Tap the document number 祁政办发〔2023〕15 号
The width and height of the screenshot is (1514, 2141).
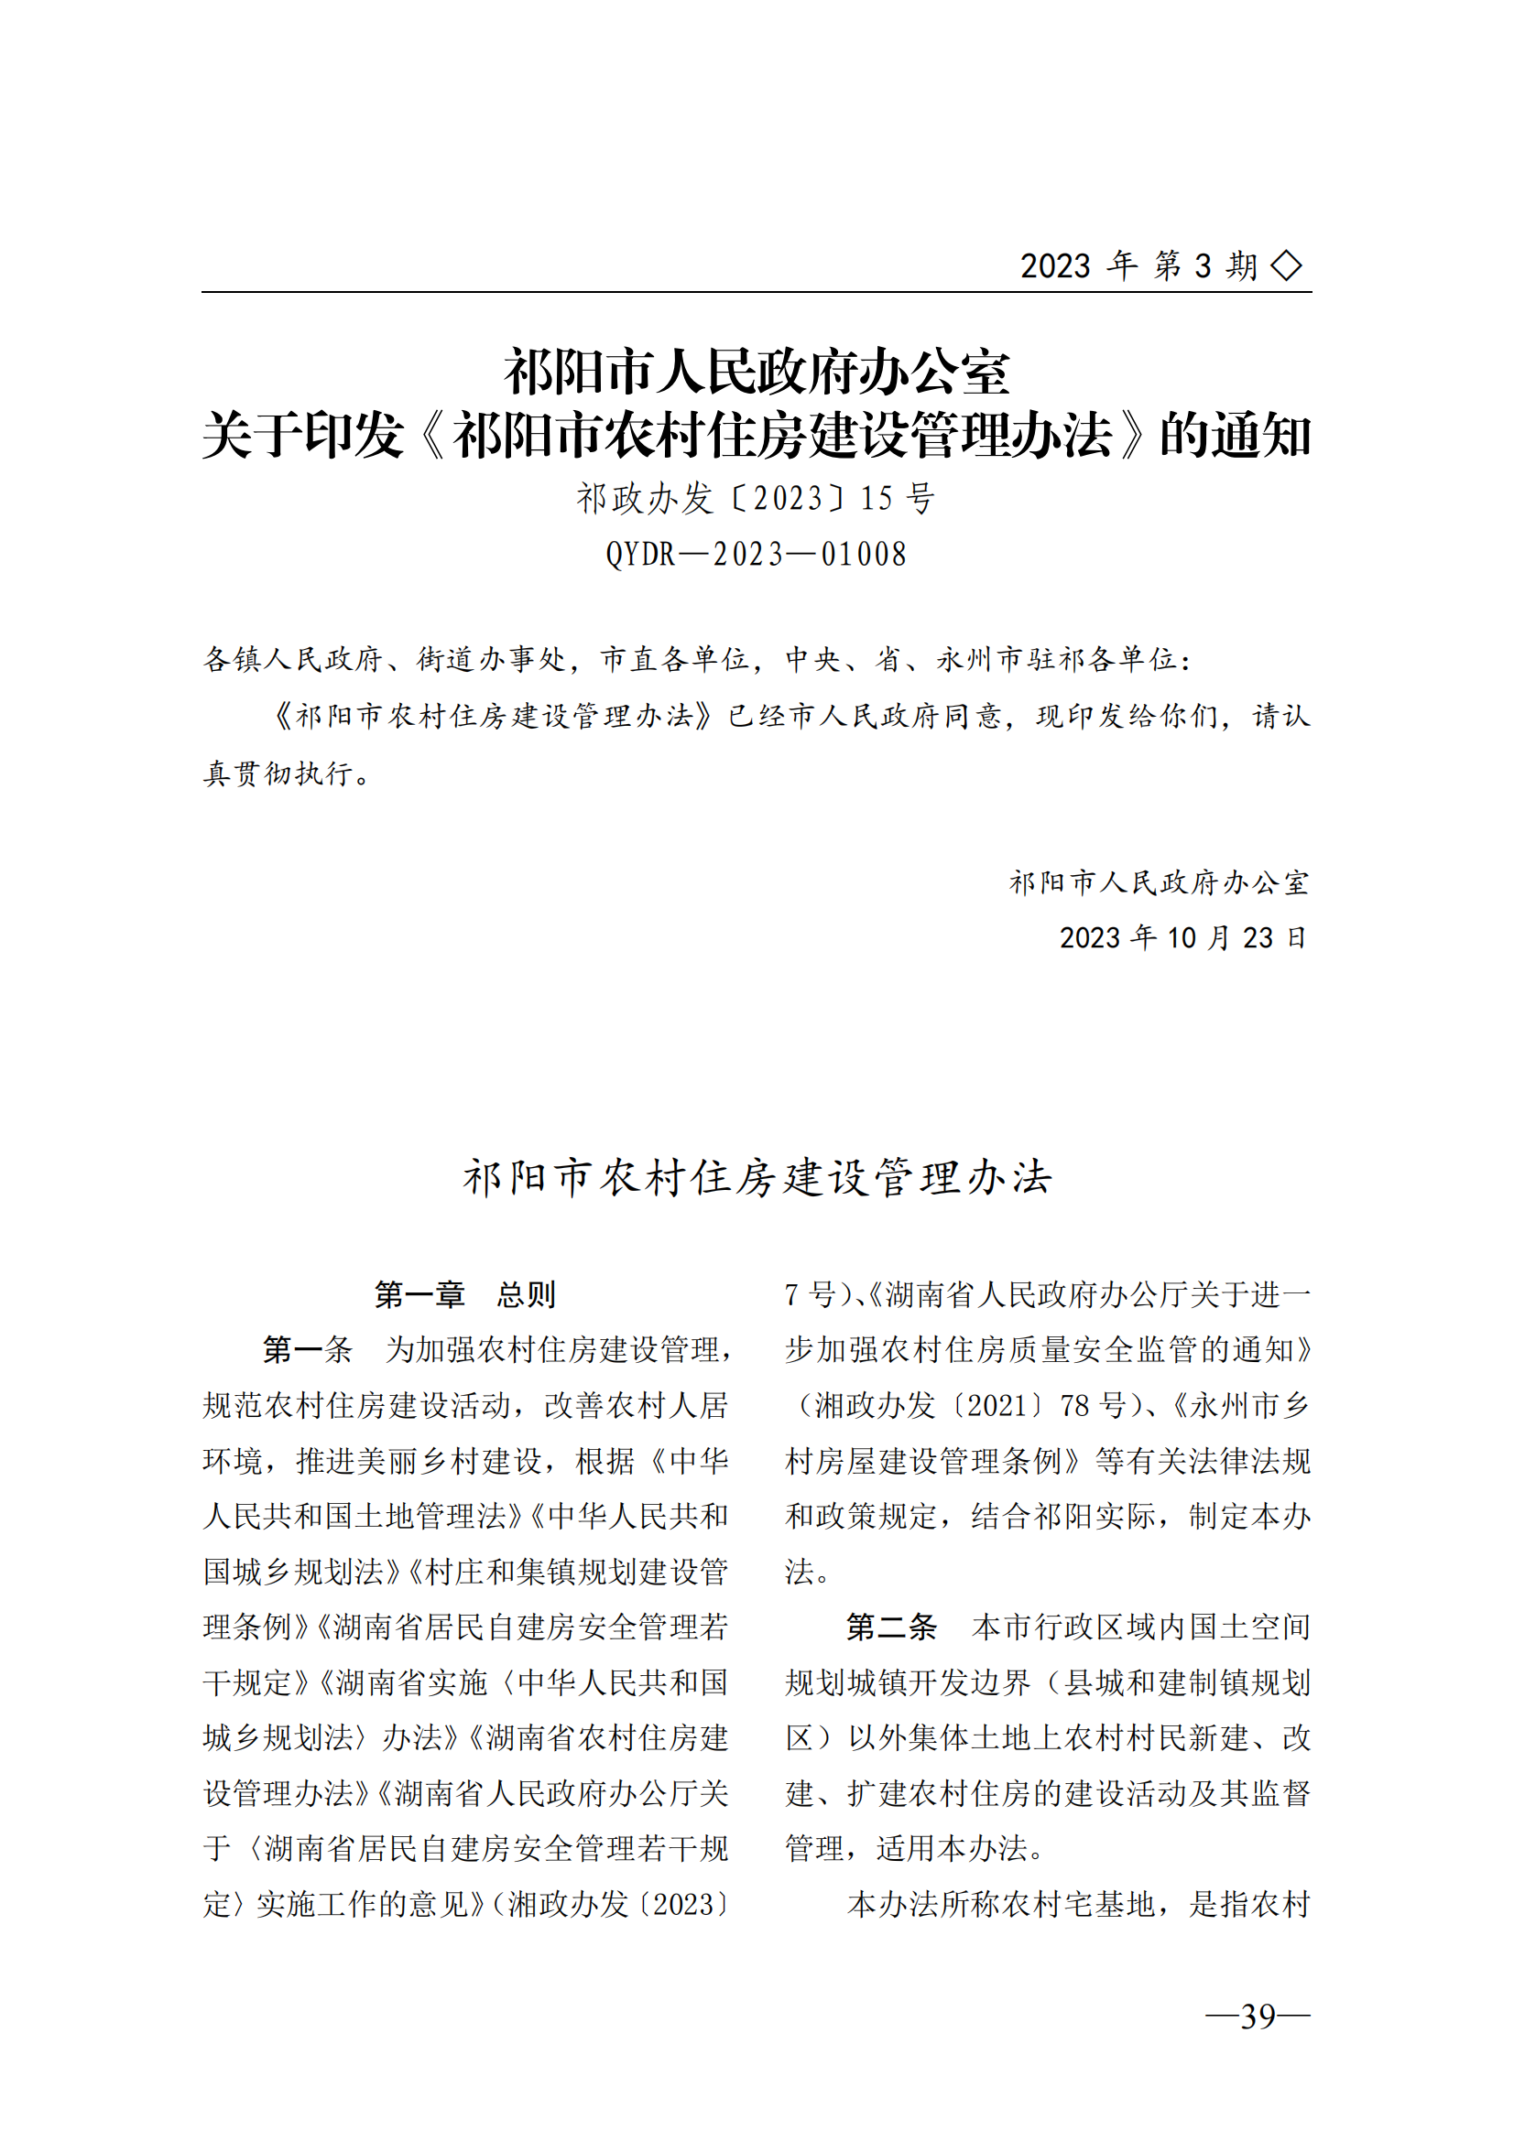756,499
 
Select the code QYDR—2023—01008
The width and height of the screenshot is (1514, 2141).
756,555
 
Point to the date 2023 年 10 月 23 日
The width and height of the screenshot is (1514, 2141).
1182,937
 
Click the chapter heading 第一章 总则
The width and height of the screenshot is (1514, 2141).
464,1294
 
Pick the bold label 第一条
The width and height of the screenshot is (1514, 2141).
307,1349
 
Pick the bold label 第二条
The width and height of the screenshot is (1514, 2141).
890,1627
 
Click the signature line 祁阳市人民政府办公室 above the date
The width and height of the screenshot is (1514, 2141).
1159,882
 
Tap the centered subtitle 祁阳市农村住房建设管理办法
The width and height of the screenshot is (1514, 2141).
757,1178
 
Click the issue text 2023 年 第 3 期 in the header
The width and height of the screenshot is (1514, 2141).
1139,265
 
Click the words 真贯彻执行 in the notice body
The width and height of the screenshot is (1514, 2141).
278,774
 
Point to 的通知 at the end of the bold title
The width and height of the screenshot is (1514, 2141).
1235,436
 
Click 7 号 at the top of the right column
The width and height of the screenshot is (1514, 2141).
810,1294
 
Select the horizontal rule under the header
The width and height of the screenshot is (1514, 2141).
756,292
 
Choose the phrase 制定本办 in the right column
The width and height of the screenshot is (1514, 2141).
1250,1516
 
